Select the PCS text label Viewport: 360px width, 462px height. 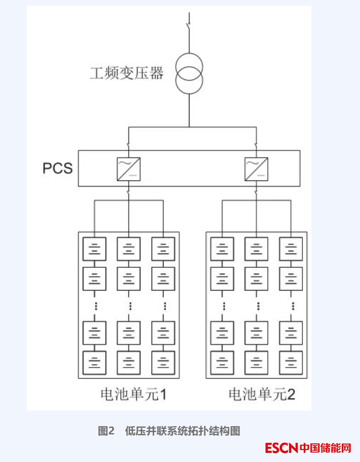(x=57, y=168)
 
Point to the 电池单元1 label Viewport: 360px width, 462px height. (x=133, y=395)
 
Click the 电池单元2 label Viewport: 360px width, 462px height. (x=262, y=395)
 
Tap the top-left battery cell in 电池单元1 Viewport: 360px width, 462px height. (x=95, y=249)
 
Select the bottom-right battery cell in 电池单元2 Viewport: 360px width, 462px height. (x=292, y=362)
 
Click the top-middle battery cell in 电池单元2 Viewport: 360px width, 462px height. (x=257, y=249)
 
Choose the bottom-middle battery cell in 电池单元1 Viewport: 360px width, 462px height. (x=129, y=362)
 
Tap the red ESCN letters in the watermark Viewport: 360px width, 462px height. (x=281, y=448)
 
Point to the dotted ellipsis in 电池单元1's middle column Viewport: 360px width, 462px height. (x=129, y=306)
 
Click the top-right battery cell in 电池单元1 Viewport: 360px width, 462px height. (x=163, y=249)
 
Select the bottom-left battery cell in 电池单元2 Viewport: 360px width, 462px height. (x=222, y=362)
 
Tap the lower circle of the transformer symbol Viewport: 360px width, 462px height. (x=189, y=81)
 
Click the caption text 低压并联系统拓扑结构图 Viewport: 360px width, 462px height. (x=182, y=432)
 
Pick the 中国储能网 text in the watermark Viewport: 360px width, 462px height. (x=325, y=448)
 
